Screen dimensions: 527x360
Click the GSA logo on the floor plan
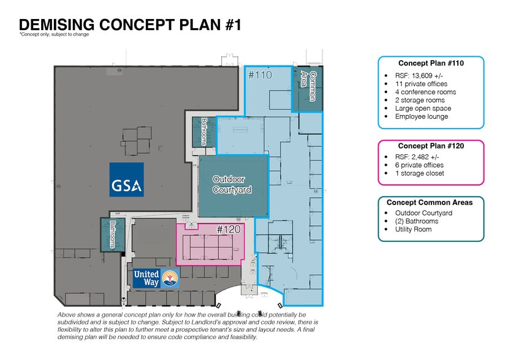[x=127, y=179]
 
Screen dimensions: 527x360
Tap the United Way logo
[x=156, y=279]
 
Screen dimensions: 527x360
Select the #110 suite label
[x=260, y=75]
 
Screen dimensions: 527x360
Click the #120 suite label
[x=229, y=230]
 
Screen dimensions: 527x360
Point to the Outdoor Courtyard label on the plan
[x=232, y=184]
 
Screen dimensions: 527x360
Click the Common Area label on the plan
[x=308, y=86]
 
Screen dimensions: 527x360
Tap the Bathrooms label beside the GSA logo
[x=113, y=234]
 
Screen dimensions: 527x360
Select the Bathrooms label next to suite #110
[x=204, y=132]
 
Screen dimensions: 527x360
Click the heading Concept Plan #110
[x=431, y=63]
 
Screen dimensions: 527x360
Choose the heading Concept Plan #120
[x=431, y=146]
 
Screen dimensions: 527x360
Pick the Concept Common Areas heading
[x=430, y=203]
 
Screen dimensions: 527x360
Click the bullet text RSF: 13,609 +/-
[x=419, y=75]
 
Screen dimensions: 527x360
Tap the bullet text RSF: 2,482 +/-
[x=417, y=157]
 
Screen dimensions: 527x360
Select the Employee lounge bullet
[x=422, y=116]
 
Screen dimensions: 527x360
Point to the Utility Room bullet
[x=414, y=230]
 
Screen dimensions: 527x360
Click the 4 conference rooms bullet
[x=425, y=92]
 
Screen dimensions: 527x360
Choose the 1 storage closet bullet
[x=419, y=173]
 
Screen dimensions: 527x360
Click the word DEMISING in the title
[x=57, y=25]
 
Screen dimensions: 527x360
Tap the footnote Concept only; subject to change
[x=54, y=34]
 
